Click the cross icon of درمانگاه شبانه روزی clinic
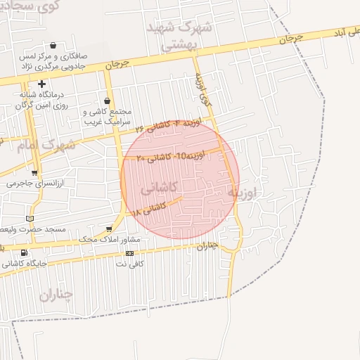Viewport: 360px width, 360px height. click(x=42, y=84)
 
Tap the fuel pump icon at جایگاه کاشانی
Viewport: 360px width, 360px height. click(x=25, y=252)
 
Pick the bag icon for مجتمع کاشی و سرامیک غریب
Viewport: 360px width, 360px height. click(x=107, y=101)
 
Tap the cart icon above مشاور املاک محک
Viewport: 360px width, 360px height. click(x=108, y=229)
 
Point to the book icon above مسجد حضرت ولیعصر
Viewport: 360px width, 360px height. click(x=29, y=219)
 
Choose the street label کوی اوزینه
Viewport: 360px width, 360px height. click(x=203, y=90)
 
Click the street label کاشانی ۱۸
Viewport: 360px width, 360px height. click(x=148, y=208)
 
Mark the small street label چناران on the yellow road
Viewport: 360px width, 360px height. click(x=207, y=247)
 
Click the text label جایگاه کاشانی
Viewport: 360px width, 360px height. click(x=25, y=264)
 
